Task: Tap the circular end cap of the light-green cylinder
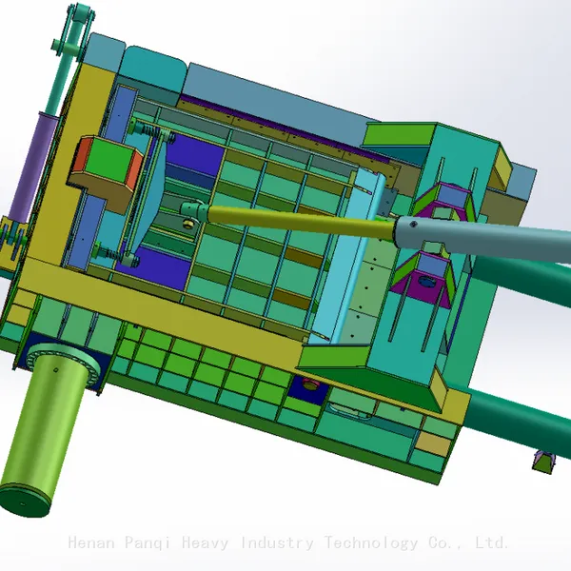click(x=24, y=500)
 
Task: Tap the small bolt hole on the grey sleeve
click(x=413, y=225)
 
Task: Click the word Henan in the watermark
click(x=90, y=542)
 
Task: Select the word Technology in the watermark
click(x=371, y=543)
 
